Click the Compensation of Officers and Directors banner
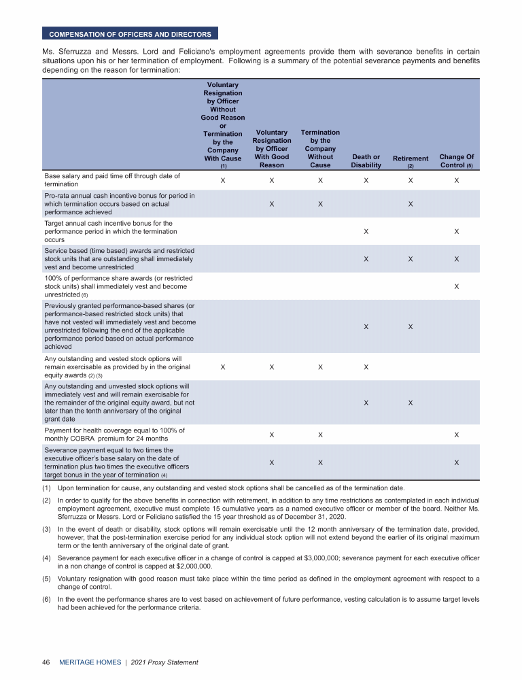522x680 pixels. click(130, 34)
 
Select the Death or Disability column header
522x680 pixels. click(366, 161)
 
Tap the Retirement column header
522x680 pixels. click(411, 161)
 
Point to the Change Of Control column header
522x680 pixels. click(457, 161)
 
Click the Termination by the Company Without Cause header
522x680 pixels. click(320, 148)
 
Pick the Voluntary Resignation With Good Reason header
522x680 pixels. click(272, 148)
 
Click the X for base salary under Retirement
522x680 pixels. click(411, 181)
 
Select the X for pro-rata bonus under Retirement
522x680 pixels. click(411, 204)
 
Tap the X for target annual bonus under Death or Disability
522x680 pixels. click(366, 232)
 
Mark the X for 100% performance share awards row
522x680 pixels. click(457, 286)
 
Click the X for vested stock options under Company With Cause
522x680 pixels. click(223, 368)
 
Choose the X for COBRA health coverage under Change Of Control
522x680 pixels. click(457, 435)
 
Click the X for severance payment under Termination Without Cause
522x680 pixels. click(320, 463)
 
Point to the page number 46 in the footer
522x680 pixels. click(47, 662)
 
